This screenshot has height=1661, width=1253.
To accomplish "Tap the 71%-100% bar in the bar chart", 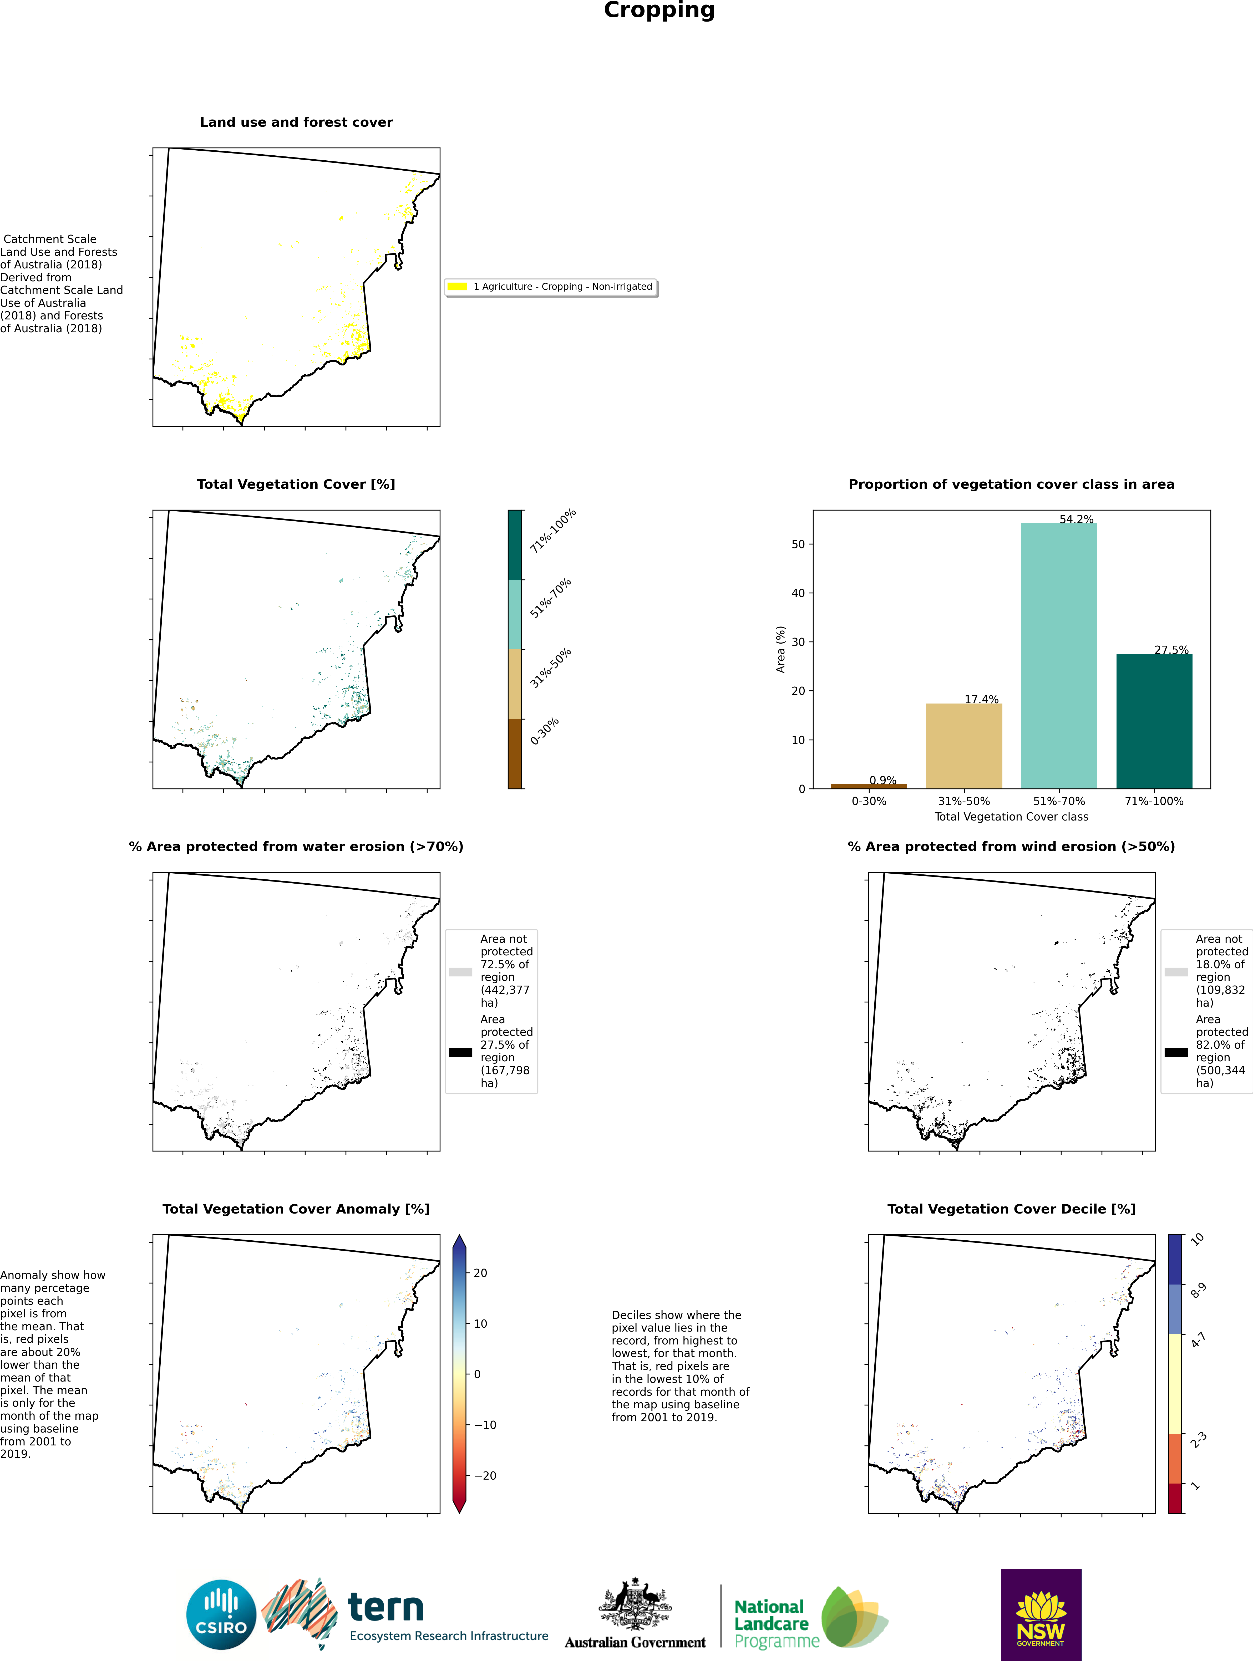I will [x=1154, y=721].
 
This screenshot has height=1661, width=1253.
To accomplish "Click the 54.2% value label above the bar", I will [x=1076, y=519].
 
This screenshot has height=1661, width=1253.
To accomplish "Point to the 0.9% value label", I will [x=883, y=780].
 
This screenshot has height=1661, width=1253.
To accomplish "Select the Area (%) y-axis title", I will [x=780, y=650].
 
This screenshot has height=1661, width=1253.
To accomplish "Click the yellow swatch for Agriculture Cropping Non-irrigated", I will [x=457, y=286].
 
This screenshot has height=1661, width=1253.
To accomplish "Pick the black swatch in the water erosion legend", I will [x=460, y=1052].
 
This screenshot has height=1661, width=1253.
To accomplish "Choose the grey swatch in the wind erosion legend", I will [x=1176, y=972].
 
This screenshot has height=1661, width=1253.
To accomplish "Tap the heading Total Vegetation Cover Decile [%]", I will [x=1011, y=1209].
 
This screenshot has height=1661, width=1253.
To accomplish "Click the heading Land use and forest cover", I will [x=296, y=123].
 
